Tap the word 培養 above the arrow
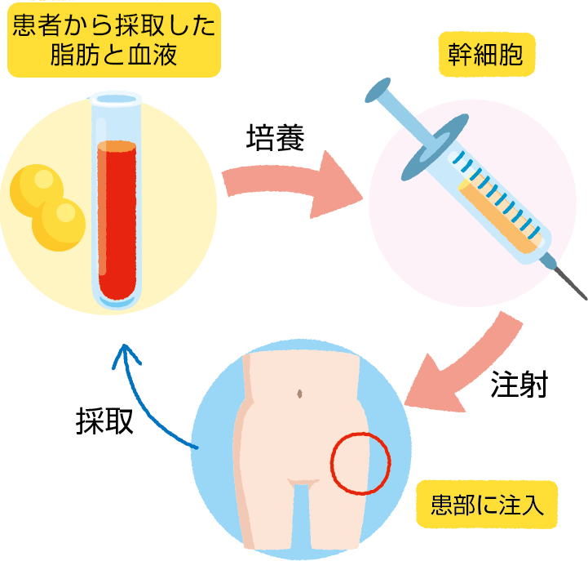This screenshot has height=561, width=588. (275, 138)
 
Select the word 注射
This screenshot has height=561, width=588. (519, 383)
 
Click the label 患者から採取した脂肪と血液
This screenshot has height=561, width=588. (113, 40)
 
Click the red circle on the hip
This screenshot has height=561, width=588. (360, 463)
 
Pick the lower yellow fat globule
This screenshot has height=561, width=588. (59, 224)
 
